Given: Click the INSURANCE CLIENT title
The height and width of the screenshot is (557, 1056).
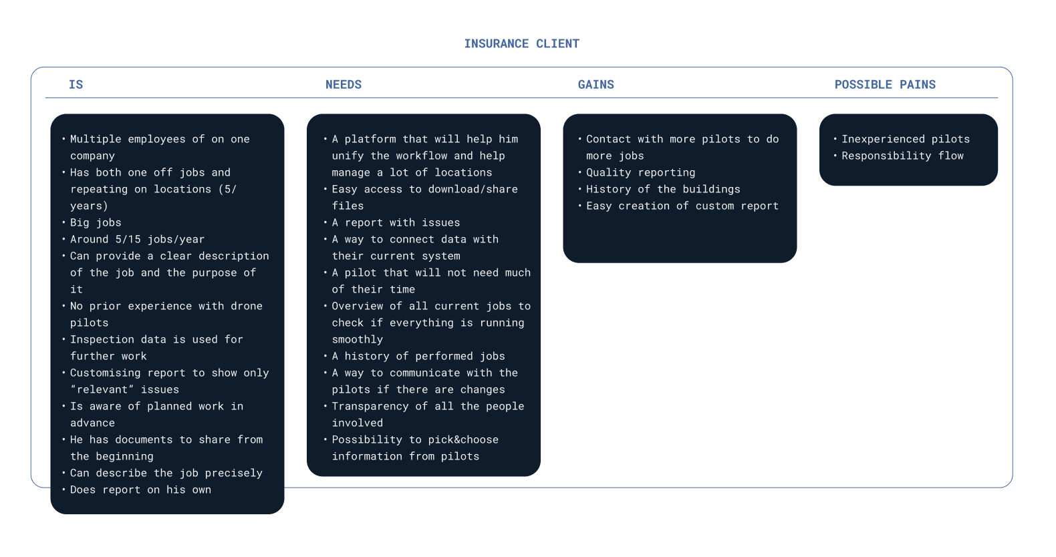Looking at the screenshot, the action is click(521, 44).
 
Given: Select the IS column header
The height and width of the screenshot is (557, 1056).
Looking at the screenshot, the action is click(76, 85).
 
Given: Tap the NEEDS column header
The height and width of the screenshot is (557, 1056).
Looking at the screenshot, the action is click(344, 85).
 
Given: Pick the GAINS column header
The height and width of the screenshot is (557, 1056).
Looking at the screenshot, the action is click(596, 85).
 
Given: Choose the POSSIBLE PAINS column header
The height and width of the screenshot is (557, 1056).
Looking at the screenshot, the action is click(885, 85).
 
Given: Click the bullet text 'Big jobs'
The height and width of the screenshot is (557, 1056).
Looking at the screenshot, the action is click(96, 223).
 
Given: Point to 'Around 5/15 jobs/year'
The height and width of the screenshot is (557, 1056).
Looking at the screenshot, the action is click(137, 240).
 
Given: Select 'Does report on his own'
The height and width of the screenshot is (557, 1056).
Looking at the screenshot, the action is click(140, 490).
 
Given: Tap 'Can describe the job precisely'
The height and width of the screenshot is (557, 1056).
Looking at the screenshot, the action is click(166, 474).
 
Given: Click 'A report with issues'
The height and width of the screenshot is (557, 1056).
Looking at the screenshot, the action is click(396, 223).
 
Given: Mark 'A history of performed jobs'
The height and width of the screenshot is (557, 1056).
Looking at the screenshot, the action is click(418, 357).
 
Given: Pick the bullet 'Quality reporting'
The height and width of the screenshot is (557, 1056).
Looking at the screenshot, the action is click(640, 173).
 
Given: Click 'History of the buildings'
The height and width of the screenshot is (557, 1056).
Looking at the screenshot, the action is click(663, 190).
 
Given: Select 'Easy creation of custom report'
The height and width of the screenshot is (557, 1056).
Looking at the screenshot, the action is click(682, 206).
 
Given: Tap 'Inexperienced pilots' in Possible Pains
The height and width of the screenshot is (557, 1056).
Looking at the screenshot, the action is click(905, 140).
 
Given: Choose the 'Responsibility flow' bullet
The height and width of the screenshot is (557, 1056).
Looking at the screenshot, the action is click(902, 156).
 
